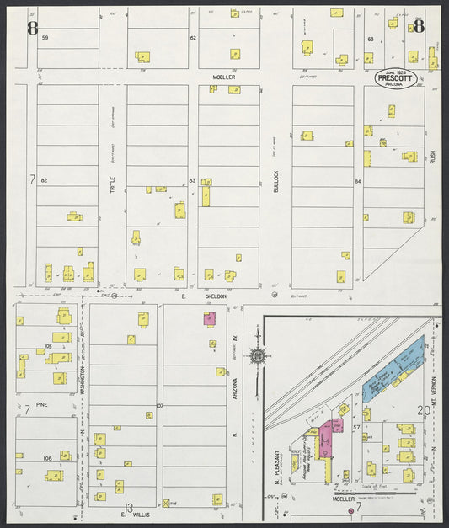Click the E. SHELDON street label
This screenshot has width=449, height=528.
click(x=194, y=296)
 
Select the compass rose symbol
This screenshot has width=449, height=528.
click(x=256, y=357)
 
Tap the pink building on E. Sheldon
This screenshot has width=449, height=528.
click(x=209, y=318)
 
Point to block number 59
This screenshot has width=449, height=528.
click(x=45, y=39)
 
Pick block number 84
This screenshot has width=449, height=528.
click(x=358, y=180)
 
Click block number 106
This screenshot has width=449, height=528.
click(x=48, y=458)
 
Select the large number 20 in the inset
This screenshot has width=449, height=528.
click(x=422, y=409)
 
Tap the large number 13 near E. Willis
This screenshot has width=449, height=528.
click(x=128, y=508)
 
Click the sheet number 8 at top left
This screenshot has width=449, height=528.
click(x=32, y=29)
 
